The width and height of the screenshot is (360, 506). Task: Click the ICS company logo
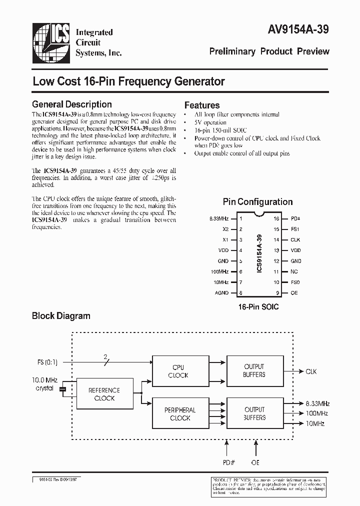coord(51,42)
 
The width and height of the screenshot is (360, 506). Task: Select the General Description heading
coord(71,104)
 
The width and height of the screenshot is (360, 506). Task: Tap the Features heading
coord(202,105)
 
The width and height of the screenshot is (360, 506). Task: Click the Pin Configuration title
coord(257,202)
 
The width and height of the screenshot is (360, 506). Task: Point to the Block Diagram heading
coord(61,315)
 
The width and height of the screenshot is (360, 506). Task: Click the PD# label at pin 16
coord(295,218)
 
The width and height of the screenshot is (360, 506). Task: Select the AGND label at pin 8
coord(222,292)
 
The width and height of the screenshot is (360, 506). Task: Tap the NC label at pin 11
coord(294,271)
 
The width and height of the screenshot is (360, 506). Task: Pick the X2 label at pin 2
coord(225,229)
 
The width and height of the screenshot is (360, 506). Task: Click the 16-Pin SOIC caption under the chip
coord(258,306)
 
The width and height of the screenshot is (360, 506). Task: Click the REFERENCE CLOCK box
coord(104,394)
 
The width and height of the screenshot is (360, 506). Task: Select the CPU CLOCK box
coord(178,371)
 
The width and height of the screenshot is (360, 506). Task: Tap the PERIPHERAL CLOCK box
coord(180,414)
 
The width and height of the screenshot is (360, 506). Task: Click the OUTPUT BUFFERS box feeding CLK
coord(254,370)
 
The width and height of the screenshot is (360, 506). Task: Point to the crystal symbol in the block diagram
coord(62,389)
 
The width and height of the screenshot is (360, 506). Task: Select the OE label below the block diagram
coord(256,462)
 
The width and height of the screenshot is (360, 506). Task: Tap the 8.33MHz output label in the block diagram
coord(316,403)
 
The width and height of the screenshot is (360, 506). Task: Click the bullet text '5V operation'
coord(210,122)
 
